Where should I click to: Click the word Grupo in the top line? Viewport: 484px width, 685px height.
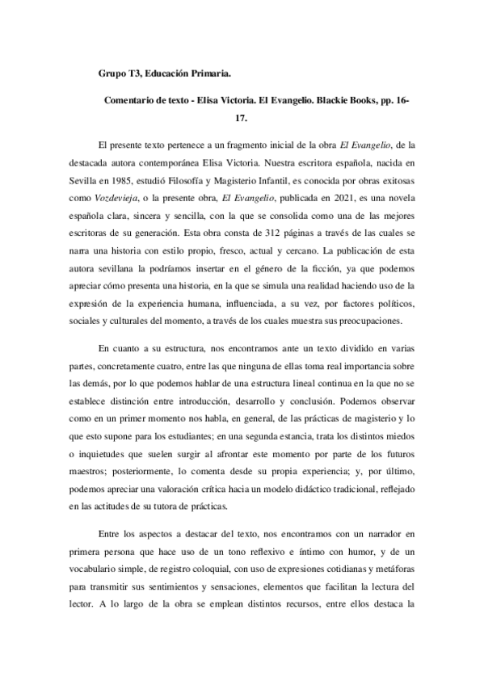pyautogui.click(x=112, y=74)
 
